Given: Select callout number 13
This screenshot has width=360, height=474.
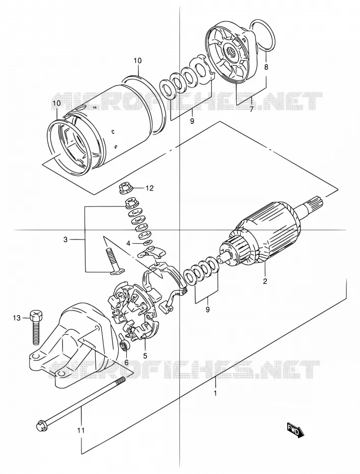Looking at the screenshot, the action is coord(17,318).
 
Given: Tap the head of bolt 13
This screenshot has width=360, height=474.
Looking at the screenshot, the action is coord(36,316).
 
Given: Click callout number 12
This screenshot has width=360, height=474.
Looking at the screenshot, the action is coord(150,189).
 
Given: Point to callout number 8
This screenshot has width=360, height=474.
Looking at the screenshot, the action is coord(266,66).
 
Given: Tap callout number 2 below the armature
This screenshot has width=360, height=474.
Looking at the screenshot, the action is coord(265,281).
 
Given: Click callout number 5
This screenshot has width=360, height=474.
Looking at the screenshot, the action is coord(145,355).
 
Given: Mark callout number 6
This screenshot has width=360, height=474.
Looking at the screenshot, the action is coord(126,362).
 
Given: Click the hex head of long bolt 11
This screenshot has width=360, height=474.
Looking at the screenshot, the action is coord(41,426).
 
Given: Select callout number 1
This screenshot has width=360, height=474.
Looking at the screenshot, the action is coord(215,393).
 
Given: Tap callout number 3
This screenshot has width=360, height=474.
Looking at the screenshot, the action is coord(65,240).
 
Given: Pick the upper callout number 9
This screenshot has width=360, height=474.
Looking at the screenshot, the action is coord(192,121).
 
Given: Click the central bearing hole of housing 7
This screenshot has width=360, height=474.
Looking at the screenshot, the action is coord(232,48).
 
